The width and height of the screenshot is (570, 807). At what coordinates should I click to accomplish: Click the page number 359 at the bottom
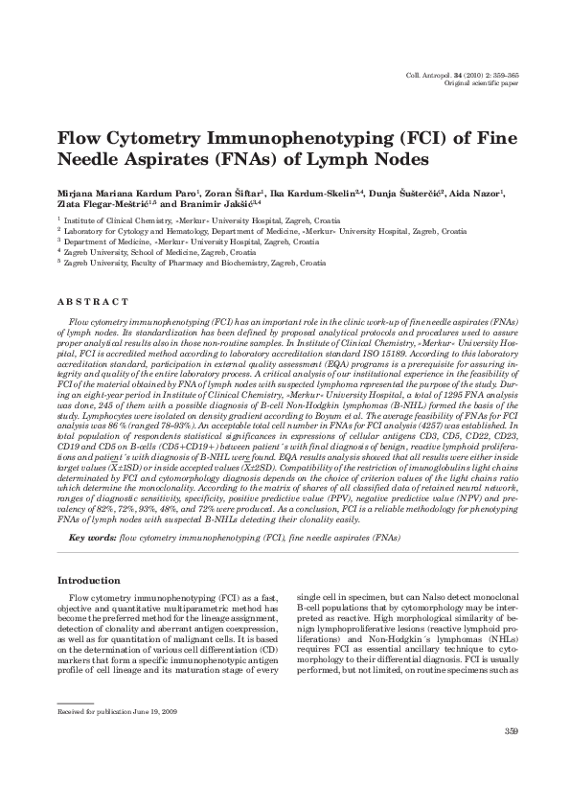click(x=510, y=733)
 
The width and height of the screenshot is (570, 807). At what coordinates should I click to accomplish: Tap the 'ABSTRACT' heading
click(x=93, y=303)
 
